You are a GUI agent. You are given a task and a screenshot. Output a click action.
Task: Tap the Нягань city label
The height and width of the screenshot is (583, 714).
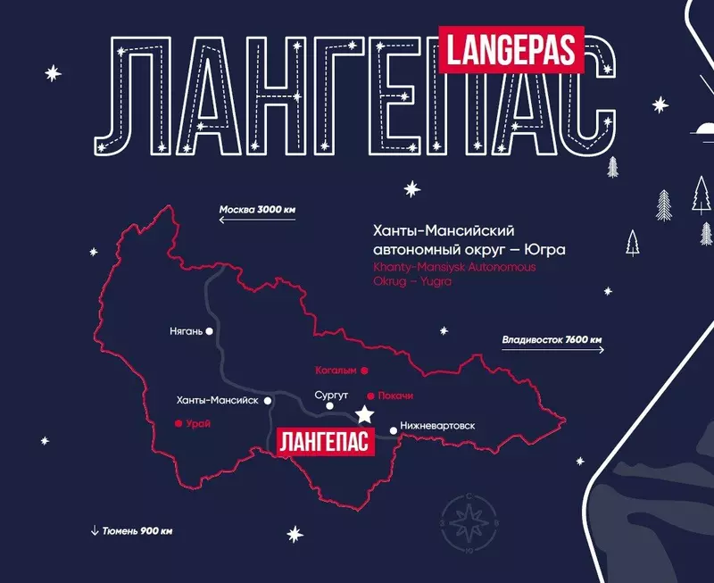pyautogui.click(x=186, y=331)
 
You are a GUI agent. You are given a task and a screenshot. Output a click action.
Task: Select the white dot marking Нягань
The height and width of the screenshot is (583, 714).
pyautogui.click(x=210, y=330)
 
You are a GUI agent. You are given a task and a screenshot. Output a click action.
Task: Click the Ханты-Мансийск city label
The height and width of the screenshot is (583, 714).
pyautogui.click(x=219, y=400)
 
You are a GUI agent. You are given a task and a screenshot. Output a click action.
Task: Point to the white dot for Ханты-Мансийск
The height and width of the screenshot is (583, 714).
pyautogui.click(x=268, y=401)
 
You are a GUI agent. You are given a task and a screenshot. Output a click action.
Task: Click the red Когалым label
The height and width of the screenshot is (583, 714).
pyautogui.click(x=336, y=369)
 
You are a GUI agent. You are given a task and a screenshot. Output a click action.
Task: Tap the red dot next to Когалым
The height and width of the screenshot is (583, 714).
pyautogui.click(x=364, y=369)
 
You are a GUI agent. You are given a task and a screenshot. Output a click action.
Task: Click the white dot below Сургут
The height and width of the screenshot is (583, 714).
pyautogui.click(x=330, y=406)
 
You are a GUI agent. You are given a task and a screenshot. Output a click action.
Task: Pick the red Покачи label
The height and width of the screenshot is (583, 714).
pyautogui.click(x=396, y=396)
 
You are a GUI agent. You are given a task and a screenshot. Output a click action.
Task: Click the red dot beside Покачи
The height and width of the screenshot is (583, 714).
pyautogui.click(x=370, y=396)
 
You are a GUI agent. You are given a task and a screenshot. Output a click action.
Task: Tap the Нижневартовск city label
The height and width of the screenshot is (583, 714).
pyautogui.click(x=438, y=426)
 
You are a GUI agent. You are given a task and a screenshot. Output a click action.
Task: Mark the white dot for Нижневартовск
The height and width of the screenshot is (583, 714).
pyautogui.click(x=393, y=427)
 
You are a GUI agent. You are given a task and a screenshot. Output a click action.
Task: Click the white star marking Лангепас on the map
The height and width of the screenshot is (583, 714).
pyautogui.click(x=363, y=414)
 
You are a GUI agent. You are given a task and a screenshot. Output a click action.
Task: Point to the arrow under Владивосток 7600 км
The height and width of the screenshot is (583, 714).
pyautogui.click(x=552, y=350)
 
